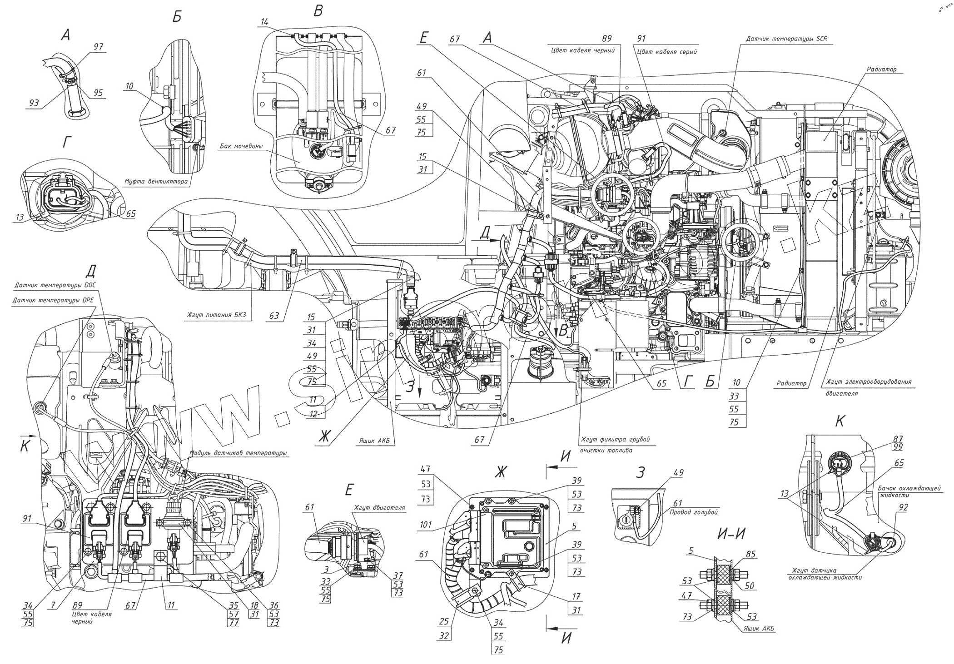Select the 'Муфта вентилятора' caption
pyautogui.click(x=155, y=181)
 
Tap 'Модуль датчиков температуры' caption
pyautogui.click(x=238, y=453)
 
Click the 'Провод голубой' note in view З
pyautogui.click(x=694, y=513)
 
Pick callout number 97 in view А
pyautogui.click(x=99, y=47)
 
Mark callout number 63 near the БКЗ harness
pyautogui.click(x=273, y=315)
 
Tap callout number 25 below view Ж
pyautogui.click(x=444, y=621)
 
